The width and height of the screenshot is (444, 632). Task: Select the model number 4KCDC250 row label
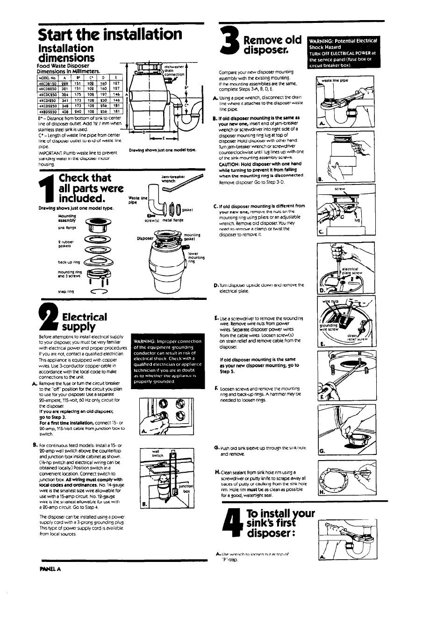click(48, 94)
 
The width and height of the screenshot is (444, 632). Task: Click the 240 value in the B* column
click(78, 112)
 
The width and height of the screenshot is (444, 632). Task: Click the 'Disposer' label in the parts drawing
click(144, 238)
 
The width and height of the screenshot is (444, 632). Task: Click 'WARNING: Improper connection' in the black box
click(167, 341)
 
